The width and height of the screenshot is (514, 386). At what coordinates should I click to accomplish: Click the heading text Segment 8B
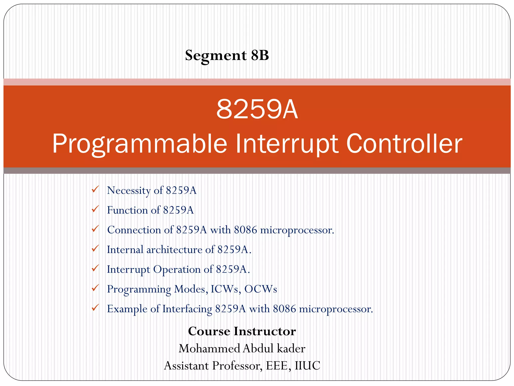point(227,55)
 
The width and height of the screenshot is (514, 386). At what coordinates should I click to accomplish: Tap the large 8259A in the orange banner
point(257,109)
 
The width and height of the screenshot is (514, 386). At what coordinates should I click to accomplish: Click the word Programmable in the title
point(140,144)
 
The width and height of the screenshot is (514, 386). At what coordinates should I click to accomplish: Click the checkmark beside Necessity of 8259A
point(95,189)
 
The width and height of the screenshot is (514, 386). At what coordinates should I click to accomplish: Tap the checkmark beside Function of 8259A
point(95,209)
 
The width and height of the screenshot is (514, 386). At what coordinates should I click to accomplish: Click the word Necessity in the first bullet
point(128,190)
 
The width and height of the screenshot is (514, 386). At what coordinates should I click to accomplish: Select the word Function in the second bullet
point(127,210)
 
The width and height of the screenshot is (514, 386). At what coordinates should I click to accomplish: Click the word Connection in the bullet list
point(134,230)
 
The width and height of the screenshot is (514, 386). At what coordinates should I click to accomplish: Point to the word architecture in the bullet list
point(174,250)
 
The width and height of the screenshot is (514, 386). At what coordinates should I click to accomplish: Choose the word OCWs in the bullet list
point(261,289)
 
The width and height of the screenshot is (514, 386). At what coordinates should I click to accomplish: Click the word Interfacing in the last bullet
point(187,309)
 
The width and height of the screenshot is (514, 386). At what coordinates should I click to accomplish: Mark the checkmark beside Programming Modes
point(95,288)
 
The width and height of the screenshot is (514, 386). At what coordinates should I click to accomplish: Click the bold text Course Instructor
point(242,331)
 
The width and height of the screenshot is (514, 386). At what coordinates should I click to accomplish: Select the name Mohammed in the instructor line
point(209,349)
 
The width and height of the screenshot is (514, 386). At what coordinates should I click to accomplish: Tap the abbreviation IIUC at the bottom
point(307,366)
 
